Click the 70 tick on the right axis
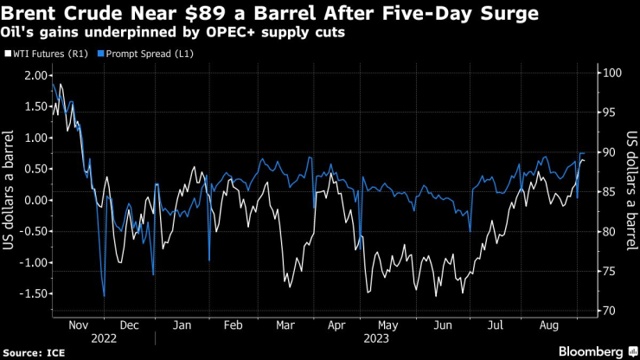click(x=609, y=310)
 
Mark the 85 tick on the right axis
click(x=609, y=191)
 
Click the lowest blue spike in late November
click(x=105, y=296)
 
